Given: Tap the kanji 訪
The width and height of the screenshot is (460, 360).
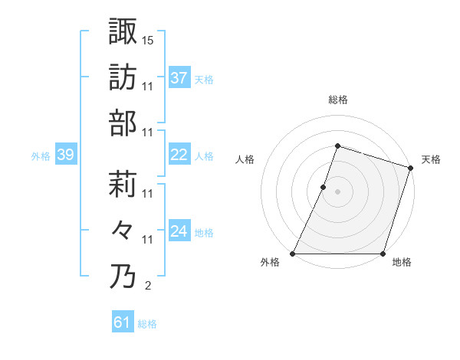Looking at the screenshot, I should (x=123, y=77).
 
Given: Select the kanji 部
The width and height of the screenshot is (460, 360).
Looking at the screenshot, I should (x=123, y=123).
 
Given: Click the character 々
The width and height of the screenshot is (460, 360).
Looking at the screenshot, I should (x=123, y=230).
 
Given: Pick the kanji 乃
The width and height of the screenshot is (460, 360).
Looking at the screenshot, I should (x=123, y=276).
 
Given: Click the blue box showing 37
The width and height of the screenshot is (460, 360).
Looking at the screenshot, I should (x=179, y=77).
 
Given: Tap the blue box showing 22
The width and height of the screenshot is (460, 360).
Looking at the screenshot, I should (x=179, y=155).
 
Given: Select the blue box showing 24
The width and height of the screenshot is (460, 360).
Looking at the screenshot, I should (x=179, y=231).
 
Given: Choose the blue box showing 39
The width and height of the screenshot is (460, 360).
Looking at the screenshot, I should (x=65, y=155).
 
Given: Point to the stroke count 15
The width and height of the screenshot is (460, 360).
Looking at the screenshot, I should (x=149, y=39).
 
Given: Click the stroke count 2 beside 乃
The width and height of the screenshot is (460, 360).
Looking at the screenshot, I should (x=148, y=286).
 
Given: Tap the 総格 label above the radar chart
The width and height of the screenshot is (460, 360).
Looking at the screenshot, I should (x=338, y=100).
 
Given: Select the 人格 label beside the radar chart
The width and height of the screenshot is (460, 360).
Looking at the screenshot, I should (x=245, y=159).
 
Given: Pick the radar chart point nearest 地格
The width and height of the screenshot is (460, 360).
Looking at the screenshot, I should (x=383, y=254).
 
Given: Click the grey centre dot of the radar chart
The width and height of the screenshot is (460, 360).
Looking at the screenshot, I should (x=338, y=191).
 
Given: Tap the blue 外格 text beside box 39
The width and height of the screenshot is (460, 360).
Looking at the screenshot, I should (x=41, y=156).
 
